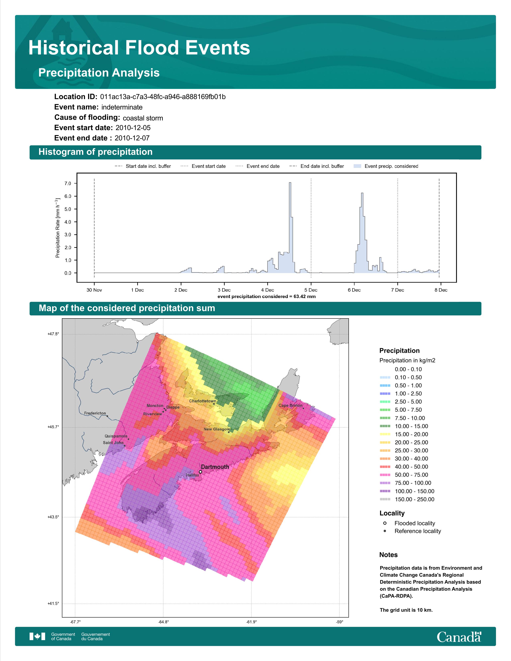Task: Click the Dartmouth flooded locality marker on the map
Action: (200, 472)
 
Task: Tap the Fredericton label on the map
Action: (95, 413)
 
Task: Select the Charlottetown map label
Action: (203, 401)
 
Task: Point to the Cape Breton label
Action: (290, 405)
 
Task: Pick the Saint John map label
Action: (113, 442)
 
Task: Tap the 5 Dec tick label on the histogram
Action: (311, 290)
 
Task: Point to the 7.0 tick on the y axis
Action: (68, 183)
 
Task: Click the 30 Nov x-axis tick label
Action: (94, 290)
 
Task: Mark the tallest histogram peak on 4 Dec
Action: (290, 183)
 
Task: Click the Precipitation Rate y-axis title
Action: (58, 228)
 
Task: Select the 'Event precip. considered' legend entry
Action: (386, 166)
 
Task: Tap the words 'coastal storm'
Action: (143, 118)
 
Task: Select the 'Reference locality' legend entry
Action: (412, 531)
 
